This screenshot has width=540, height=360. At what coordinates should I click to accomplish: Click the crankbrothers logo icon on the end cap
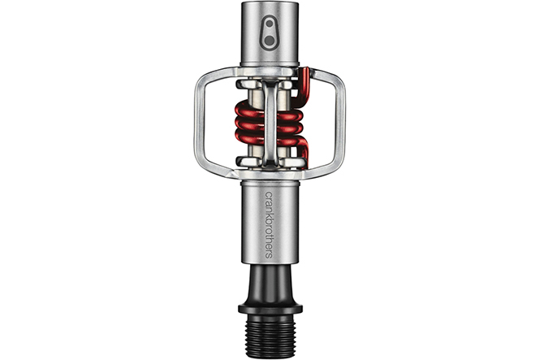[270, 34]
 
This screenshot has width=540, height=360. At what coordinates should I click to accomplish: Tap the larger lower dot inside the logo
[270, 41]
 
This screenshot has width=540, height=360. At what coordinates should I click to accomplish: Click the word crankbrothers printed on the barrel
[269, 224]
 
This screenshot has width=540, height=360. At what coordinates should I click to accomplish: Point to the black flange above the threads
[270, 309]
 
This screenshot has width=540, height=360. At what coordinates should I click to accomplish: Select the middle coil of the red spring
[270, 125]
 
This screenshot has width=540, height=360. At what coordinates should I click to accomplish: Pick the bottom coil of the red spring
[270, 139]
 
